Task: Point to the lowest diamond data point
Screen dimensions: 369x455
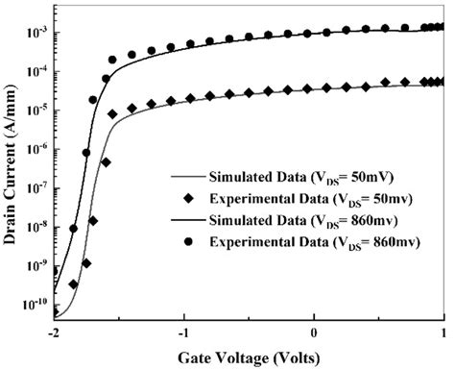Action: click(73, 284)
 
